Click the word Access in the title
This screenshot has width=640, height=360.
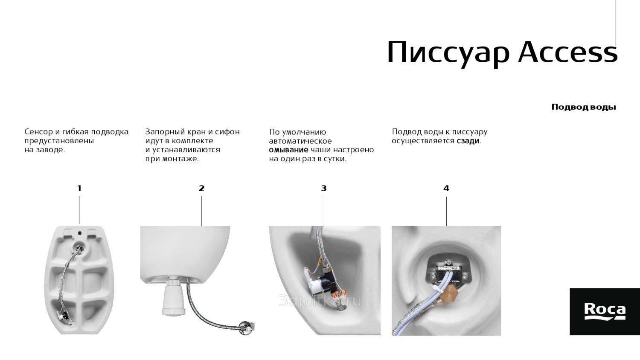point(568,52)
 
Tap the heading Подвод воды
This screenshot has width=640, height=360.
point(584,107)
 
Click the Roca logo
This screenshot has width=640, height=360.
point(605,312)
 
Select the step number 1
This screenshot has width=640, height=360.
point(79,188)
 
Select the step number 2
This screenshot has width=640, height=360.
point(202,188)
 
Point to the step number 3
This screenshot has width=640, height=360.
point(324,188)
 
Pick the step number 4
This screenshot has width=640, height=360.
point(446,188)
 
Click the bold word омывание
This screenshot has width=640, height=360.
point(288,150)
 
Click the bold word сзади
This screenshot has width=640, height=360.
point(468,141)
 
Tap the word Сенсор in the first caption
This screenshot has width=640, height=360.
point(38,132)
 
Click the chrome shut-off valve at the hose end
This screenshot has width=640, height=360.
point(246,327)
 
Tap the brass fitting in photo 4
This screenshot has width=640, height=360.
point(448,293)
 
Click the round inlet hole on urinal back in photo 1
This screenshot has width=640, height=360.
point(79,247)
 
